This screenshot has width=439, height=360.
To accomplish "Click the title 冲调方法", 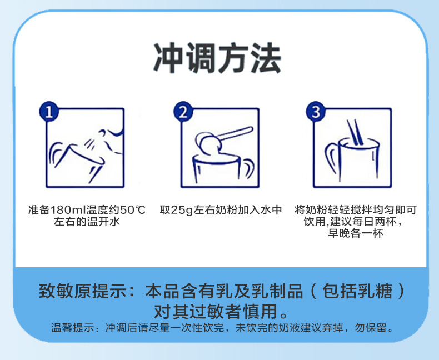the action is tap(217, 58).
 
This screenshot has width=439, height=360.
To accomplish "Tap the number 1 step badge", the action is tap(49, 112).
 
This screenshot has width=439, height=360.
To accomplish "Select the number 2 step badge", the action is tap(183, 112).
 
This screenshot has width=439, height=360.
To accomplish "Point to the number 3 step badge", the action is tap(316, 112).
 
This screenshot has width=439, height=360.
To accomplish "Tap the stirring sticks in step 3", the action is tap(355, 132).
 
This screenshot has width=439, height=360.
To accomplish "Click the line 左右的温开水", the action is tap(87, 222).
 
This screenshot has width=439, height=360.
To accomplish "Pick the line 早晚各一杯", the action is tap(356, 233).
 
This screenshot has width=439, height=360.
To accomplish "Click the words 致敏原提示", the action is tap(83, 291).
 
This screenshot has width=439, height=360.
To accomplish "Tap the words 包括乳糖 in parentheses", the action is tap(357, 291).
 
